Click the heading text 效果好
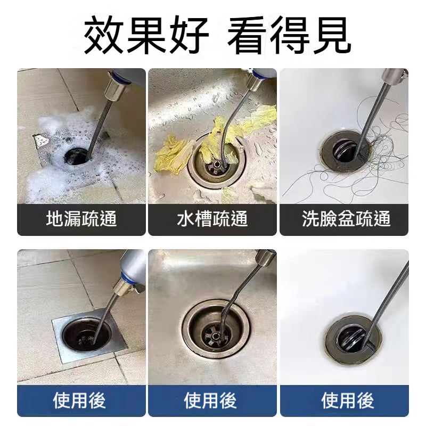coord(146,35)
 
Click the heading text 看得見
coord(289,35)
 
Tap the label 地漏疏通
coord(81,219)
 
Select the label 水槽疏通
coord(212,219)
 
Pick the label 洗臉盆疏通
coord(346,219)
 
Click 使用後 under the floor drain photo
coord(79,401)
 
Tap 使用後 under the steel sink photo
coord(210,401)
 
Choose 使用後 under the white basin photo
coord(348,401)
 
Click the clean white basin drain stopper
coord(354,339)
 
